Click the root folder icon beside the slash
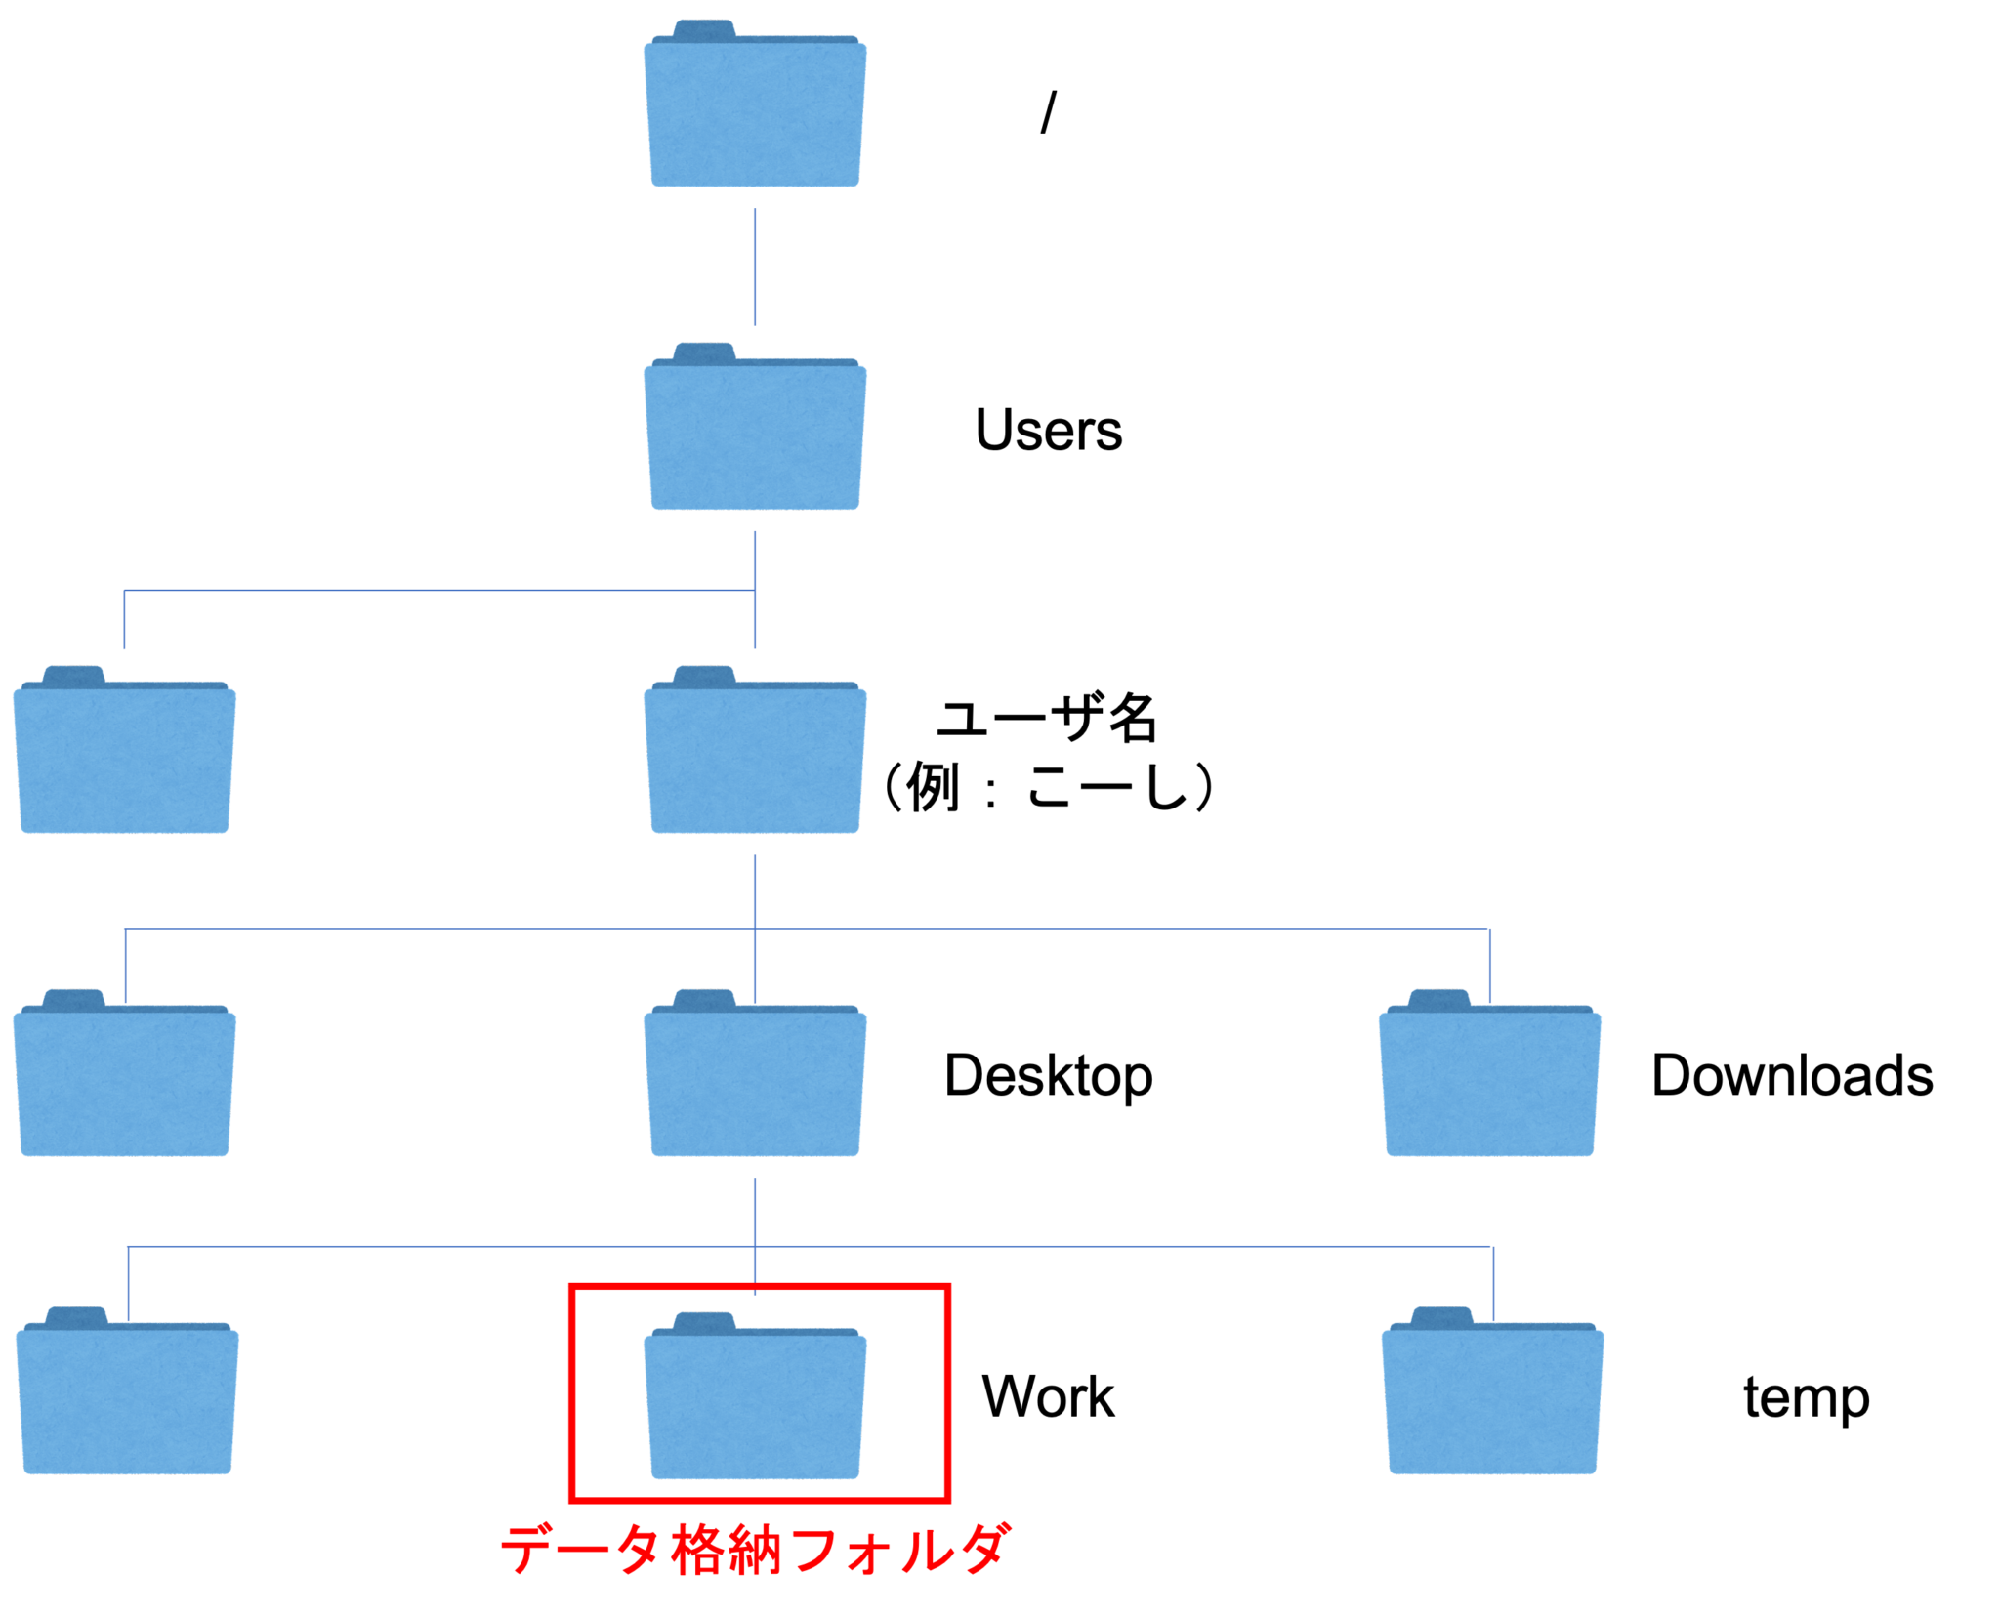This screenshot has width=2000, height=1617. coord(755,104)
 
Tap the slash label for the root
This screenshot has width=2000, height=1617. coord(1049,111)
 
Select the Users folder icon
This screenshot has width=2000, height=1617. coord(755,427)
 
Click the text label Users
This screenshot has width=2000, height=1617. coord(1049,430)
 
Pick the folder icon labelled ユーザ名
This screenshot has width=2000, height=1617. coord(755,750)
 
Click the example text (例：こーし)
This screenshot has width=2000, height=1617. coord(1048,786)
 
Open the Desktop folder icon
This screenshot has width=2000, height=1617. coord(755,1073)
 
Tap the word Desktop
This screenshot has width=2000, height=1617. coord(1049,1076)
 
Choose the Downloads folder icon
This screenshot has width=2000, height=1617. coord(1490,1073)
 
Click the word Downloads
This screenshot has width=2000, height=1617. coord(1792,1075)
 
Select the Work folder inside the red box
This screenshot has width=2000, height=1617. coord(755,1395)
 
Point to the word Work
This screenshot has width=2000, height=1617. coord(1048,1396)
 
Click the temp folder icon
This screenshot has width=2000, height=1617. coord(1493,1390)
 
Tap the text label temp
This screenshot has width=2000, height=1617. coord(1807,1398)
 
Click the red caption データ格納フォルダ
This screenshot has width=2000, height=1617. coord(755,1550)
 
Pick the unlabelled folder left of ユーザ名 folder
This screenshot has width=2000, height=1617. coord(124,750)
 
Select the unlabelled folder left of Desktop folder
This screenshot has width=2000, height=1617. coord(124,1073)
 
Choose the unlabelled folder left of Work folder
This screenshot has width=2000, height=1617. coord(127,1390)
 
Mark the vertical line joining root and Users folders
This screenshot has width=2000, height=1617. coord(755,267)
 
